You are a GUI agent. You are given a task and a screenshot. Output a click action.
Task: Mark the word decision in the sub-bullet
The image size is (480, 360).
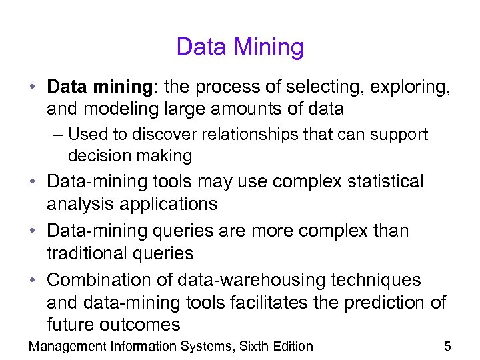click(97, 156)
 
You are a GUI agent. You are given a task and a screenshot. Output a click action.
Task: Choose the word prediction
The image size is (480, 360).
click(389, 303)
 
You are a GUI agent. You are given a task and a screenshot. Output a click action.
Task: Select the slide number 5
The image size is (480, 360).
click(447, 346)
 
